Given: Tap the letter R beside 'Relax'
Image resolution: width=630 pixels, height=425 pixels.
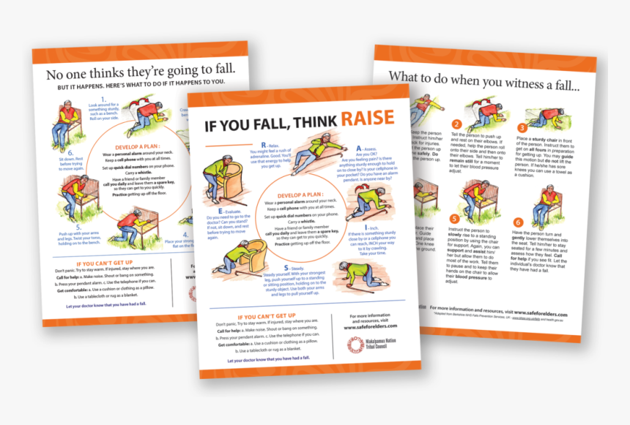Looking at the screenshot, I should (264, 145).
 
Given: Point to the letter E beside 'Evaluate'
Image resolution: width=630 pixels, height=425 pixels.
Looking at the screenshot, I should (210, 210).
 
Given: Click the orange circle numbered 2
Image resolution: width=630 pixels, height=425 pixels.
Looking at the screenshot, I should (456, 124).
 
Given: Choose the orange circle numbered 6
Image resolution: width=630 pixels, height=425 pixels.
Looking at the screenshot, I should (518, 222).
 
